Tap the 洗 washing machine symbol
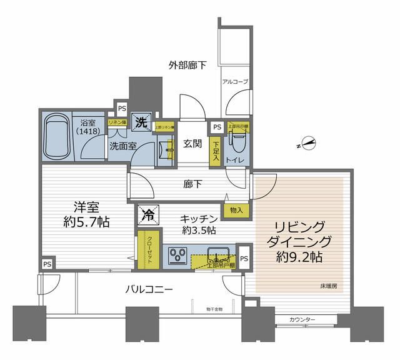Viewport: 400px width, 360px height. click(x=142, y=122)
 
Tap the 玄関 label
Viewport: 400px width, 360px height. click(x=192, y=144)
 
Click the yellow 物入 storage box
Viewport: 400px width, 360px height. click(x=236, y=210)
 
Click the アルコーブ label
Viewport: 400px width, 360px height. click(x=234, y=81)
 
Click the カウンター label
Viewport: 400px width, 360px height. click(x=302, y=321)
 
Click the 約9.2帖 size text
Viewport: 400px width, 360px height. click(x=300, y=256)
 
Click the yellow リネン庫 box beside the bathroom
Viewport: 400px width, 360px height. click(x=117, y=123)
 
